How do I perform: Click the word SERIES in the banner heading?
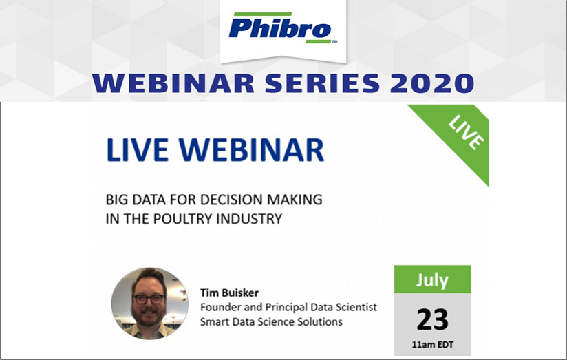coord(322,83)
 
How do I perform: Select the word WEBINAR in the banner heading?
coord(173,83)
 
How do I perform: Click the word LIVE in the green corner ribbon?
coord(466,132)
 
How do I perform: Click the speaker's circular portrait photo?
coord(150,304)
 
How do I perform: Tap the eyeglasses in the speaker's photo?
coord(149,299)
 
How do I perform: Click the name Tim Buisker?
coord(229,293)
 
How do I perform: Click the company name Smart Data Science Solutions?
coord(271,321)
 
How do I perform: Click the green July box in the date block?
coord(432,279)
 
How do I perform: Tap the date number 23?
coord(432,319)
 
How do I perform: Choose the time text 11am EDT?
coord(433,344)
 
